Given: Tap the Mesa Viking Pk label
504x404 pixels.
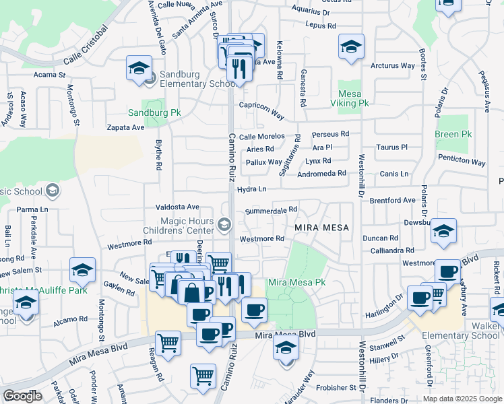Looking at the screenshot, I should pos(349,98).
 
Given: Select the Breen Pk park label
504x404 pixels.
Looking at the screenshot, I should pos(453,134).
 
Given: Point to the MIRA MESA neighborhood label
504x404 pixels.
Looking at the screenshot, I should pos(322,228).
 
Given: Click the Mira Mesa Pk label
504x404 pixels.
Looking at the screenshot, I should pos(297,282).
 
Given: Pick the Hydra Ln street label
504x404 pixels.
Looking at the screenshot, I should pos(252,189).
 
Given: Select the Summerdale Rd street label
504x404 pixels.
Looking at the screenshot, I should pos(271,211).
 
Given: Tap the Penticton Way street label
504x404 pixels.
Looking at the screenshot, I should pos(461,162).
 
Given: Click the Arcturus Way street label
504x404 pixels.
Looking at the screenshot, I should pos(393,65).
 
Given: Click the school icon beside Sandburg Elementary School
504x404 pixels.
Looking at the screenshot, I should pos(138,69).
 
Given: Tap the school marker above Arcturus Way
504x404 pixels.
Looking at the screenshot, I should pos(350,47).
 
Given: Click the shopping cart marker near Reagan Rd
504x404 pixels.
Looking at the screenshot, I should pos(168,343).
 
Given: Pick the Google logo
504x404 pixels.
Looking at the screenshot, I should pos(22,396).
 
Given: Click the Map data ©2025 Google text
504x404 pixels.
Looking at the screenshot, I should pos(462,399).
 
